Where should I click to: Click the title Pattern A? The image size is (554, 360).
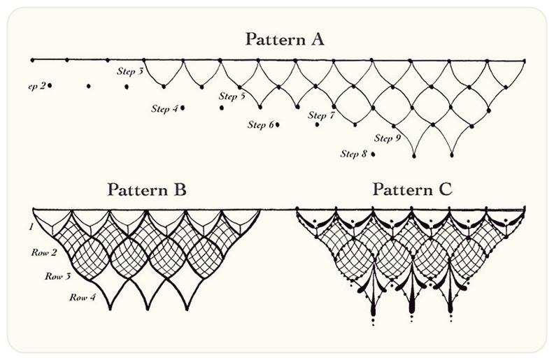click(x=284, y=39)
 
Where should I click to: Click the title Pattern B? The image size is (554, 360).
click(x=147, y=189)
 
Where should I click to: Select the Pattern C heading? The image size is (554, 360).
click(x=413, y=189)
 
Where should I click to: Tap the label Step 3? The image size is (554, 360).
click(x=130, y=71)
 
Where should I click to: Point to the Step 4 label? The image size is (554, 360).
click(x=164, y=108)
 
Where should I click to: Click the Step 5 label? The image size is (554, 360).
click(x=232, y=96)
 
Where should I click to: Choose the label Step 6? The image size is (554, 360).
click(x=260, y=125)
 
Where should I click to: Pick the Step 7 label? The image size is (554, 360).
click(x=322, y=115)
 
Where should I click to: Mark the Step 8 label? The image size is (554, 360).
click(x=354, y=154)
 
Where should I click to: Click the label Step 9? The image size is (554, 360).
click(x=388, y=138)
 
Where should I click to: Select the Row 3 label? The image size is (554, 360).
click(x=59, y=276)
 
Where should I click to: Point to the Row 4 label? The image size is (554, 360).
click(x=82, y=297)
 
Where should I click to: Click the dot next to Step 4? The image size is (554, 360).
click(x=183, y=108)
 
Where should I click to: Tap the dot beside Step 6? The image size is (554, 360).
click(x=278, y=124)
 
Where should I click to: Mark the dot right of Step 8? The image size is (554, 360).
click(x=373, y=154)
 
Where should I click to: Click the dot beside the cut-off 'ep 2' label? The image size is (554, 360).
click(x=50, y=85)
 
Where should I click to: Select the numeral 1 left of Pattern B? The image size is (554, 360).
click(x=31, y=228)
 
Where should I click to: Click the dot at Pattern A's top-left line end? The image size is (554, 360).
click(x=31, y=59)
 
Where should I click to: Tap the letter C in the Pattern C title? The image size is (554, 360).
click(x=445, y=189)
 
